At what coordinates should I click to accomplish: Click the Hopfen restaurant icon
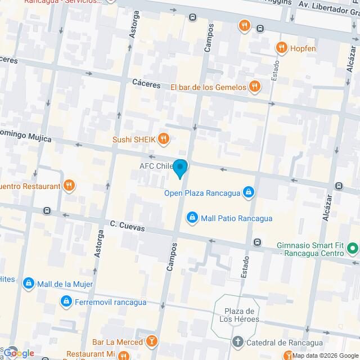281,48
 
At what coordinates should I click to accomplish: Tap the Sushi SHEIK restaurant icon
163,138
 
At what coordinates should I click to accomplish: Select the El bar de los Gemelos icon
255,87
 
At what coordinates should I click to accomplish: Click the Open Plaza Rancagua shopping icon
249,193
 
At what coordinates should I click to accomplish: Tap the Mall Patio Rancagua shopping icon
192,218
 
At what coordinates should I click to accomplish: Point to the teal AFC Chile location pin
180,168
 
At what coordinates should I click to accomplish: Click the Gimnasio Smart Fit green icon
353,247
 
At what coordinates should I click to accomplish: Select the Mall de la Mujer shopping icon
28,283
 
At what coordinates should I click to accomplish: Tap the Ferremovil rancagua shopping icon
66,302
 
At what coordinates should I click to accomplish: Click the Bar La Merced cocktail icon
151,341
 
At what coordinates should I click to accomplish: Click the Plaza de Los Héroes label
241,315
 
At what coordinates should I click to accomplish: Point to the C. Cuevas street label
127,226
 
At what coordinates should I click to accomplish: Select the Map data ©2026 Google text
325,355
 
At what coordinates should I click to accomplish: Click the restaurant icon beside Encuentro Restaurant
69,186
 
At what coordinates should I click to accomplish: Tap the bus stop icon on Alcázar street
339,186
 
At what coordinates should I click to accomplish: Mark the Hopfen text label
303,48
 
